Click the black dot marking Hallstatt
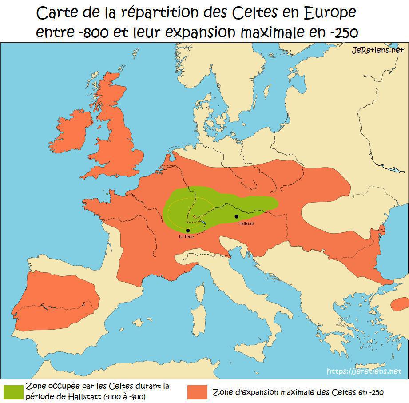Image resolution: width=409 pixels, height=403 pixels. [x=237, y=216]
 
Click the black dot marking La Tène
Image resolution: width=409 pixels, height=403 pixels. [x=188, y=231]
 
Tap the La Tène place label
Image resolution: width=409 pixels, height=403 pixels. [x=186, y=237]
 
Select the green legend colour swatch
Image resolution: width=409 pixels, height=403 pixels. [x=13, y=391]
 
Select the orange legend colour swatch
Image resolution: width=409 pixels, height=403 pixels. [x=197, y=392]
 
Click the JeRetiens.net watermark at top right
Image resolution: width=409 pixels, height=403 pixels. [x=377, y=50]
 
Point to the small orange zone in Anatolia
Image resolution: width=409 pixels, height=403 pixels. [x=400, y=304]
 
